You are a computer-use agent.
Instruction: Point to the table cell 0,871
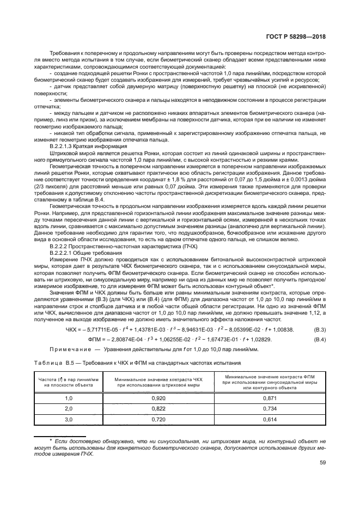click(x=266, y=398)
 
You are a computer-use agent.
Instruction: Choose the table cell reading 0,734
click(x=266, y=409)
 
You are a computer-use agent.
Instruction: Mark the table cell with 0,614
click(x=266, y=419)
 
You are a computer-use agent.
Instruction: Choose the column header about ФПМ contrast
click(x=266, y=382)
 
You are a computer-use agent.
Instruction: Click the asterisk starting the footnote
click(x=51, y=439)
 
